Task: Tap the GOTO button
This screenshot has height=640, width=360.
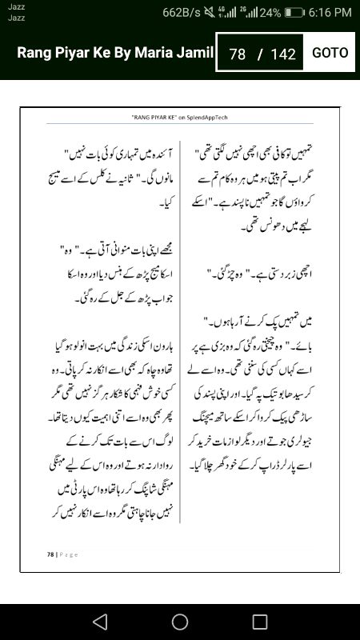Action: [330, 53]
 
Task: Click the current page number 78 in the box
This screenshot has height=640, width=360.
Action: [237, 54]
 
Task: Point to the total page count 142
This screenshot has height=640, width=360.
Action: [283, 54]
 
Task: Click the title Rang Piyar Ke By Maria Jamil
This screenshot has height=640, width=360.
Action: [115, 53]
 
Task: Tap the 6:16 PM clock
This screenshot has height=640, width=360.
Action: [330, 12]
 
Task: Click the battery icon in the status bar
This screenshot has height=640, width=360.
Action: [294, 12]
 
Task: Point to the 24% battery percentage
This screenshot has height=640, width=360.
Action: [270, 12]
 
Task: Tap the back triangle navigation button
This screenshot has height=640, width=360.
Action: [100, 622]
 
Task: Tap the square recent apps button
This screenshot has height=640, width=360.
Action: [260, 622]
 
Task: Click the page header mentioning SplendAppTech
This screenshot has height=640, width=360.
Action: [180, 117]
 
